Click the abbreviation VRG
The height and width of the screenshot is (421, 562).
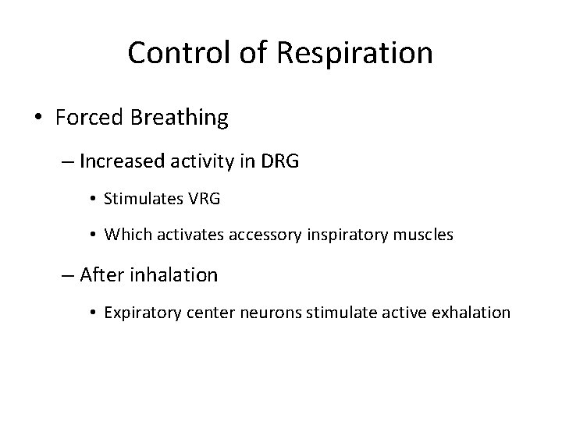[x=205, y=200]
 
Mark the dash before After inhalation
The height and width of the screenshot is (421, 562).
[x=67, y=275]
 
